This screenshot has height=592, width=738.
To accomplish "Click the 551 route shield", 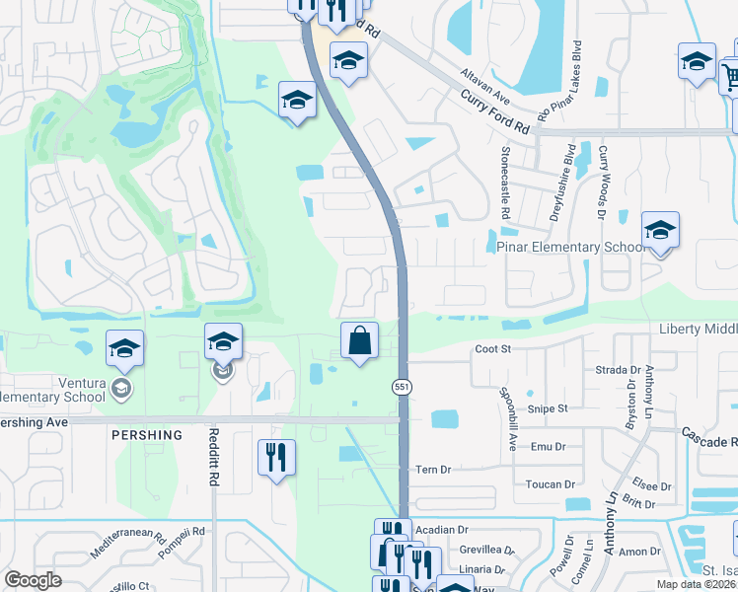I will click(402, 388).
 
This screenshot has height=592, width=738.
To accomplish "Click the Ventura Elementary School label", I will click(53, 390).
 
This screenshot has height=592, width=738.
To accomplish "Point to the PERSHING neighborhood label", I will click(147, 435).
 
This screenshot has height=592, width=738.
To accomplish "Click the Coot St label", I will click(491, 348).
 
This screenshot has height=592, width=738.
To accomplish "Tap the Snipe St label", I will click(550, 407).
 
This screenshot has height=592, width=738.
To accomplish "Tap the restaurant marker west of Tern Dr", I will click(273, 458).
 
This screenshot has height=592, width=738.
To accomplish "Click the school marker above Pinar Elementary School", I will click(660, 231).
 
